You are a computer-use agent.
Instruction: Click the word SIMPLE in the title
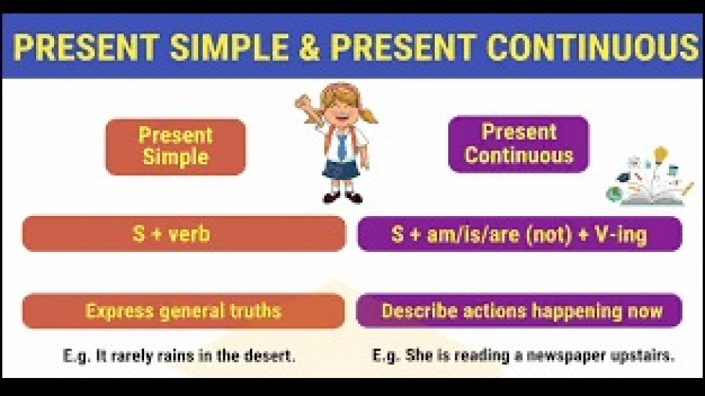click(229, 47)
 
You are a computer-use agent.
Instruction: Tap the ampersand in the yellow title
click(309, 47)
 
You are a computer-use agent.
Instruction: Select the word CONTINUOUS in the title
click(593, 47)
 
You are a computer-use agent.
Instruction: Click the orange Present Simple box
click(175, 147)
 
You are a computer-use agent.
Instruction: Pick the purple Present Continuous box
click(519, 144)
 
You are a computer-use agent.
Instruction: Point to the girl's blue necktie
click(342, 146)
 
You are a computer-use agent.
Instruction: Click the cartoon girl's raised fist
click(303, 103)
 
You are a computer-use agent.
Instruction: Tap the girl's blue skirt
click(342, 170)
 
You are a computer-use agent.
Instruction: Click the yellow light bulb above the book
click(660, 155)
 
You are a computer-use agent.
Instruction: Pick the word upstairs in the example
click(642, 356)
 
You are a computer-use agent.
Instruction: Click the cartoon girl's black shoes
click(342, 197)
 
